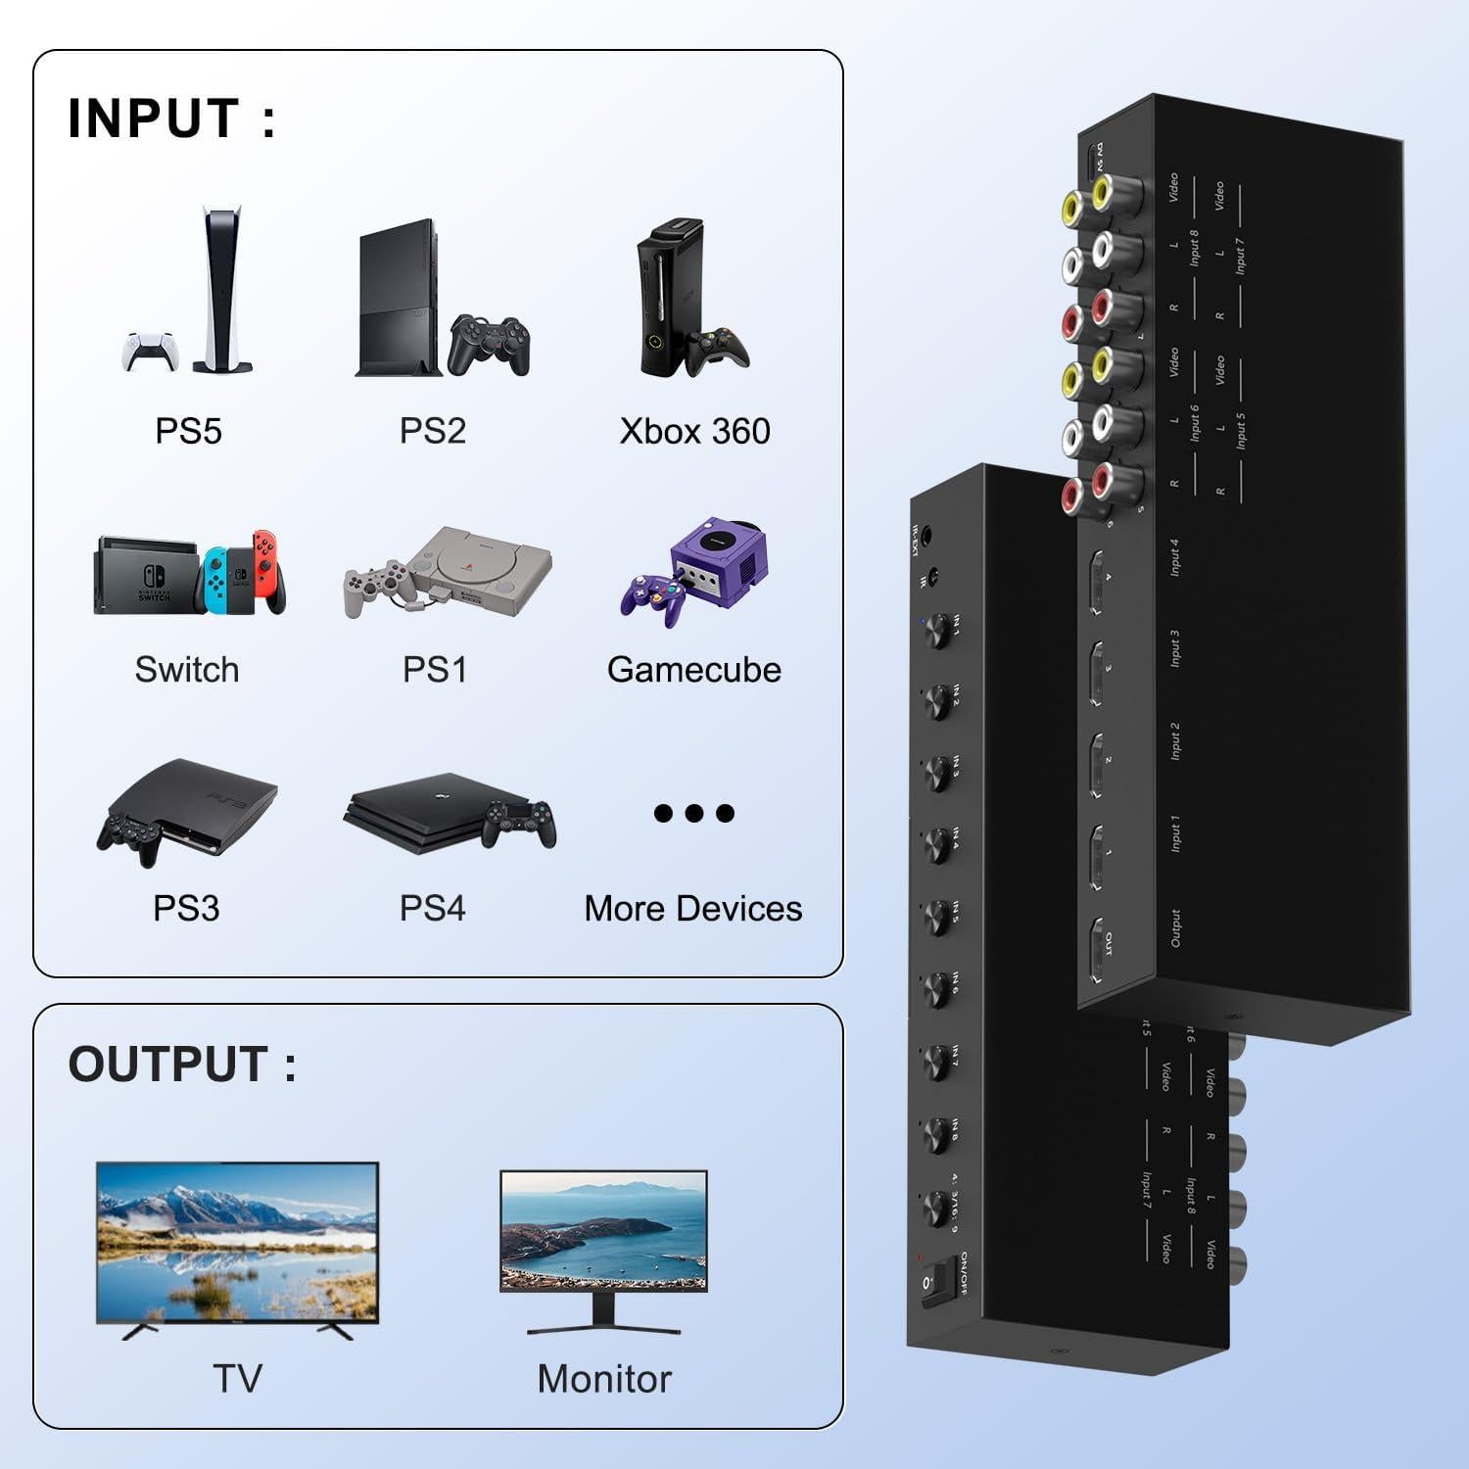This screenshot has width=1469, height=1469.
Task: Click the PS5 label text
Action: click(188, 431)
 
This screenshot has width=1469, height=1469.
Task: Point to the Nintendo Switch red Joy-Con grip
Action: click(266, 573)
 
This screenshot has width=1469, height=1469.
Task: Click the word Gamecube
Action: click(693, 670)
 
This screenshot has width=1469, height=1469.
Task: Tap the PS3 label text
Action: click(186, 908)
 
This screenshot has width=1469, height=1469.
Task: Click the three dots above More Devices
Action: click(693, 813)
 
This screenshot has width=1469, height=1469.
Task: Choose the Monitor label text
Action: click(604, 1379)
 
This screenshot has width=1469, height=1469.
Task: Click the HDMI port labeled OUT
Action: click(1099, 947)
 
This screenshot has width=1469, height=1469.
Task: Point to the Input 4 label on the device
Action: click(1173, 556)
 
